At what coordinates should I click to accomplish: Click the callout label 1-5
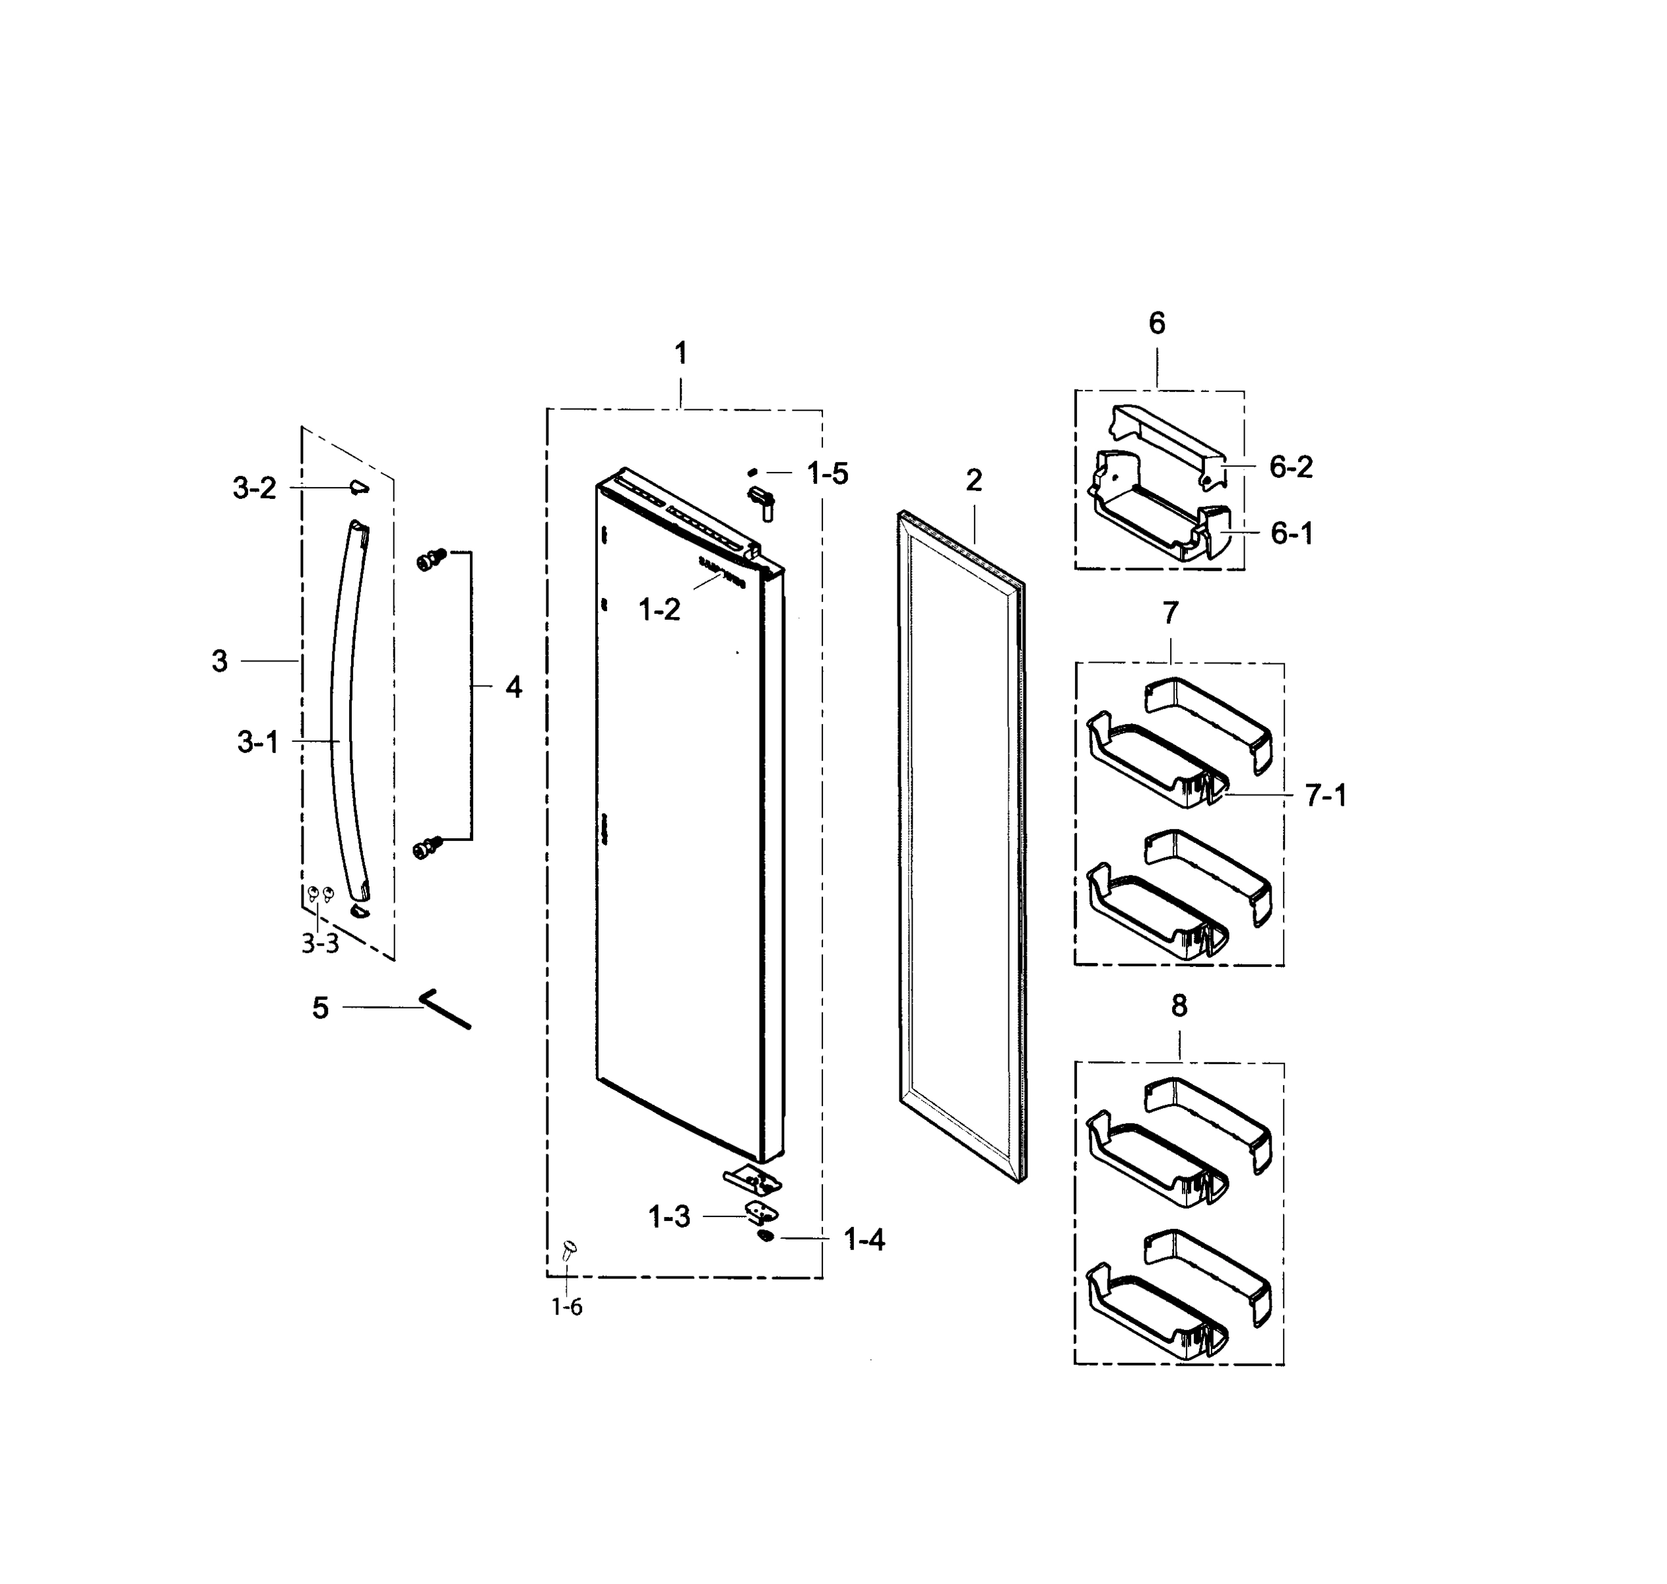click(827, 474)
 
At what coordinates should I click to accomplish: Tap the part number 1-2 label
click(659, 610)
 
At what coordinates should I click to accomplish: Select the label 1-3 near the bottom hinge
click(669, 1216)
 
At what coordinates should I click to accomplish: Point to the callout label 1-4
click(865, 1239)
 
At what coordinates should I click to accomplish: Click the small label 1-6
click(567, 1307)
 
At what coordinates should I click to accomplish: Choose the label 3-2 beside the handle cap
click(254, 488)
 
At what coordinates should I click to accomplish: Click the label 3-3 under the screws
click(320, 944)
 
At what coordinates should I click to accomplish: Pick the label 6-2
click(1291, 467)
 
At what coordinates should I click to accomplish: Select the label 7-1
click(1326, 795)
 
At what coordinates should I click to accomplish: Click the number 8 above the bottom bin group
click(1179, 1006)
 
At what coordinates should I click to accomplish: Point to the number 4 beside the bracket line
click(513, 687)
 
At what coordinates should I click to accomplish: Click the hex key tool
click(445, 1010)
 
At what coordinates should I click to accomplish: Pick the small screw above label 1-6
click(569, 1247)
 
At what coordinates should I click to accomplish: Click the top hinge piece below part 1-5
click(762, 502)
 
